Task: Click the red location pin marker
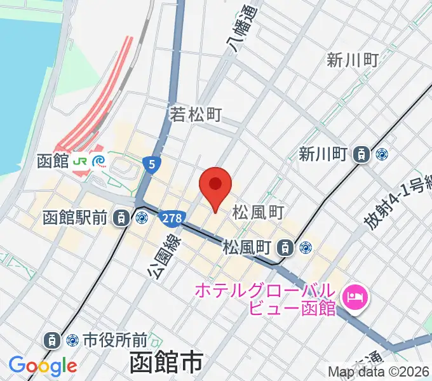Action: [215, 185]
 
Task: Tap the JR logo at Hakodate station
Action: [81, 161]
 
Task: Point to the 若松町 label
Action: [196, 115]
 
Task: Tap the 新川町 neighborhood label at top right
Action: [353, 60]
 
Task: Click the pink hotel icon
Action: [354, 296]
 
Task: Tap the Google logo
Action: [43, 366]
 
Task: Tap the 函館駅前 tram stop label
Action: [75, 218]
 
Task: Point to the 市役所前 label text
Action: [116, 340]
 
